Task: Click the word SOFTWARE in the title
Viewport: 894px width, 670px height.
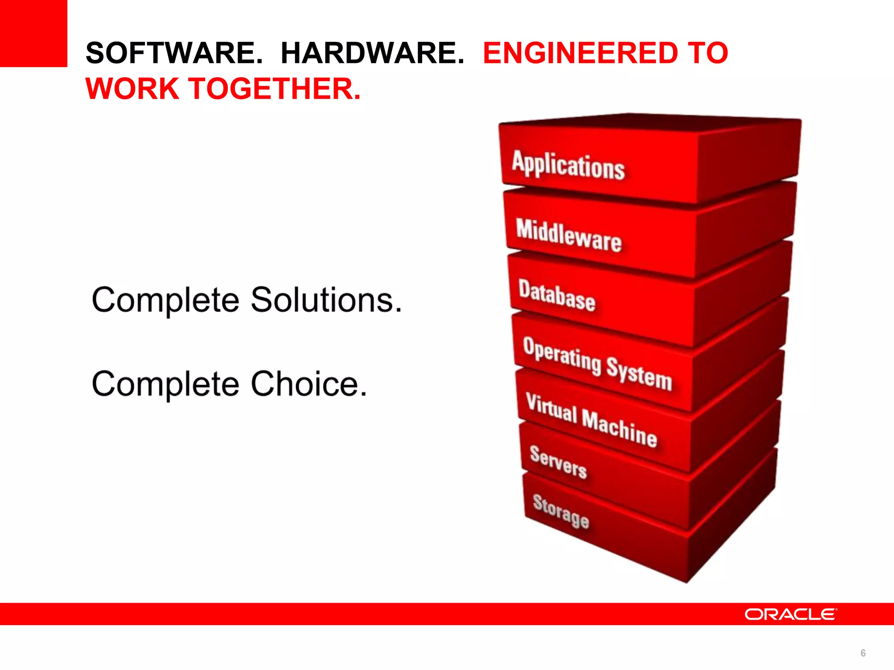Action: pos(174,53)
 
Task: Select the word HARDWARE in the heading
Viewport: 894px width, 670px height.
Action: pos(372,53)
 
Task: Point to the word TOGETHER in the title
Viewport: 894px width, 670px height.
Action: pos(275,89)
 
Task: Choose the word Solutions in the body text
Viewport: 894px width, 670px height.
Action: pos(326,300)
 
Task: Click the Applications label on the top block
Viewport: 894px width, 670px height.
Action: pos(568,165)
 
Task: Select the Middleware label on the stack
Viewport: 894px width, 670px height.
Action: pos(568,236)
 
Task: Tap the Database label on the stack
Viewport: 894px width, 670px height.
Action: pos(557,295)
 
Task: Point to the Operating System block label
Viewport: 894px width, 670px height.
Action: pos(597,363)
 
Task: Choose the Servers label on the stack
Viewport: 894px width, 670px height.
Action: pos(558,462)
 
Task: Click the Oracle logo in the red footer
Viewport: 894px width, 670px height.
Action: pos(790,614)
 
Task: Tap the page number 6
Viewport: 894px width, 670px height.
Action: pos(863,653)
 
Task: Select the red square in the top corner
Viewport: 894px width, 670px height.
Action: pos(33,33)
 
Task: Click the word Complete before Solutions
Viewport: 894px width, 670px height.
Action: pos(165,300)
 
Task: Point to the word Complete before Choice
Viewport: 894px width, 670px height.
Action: pos(165,384)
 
